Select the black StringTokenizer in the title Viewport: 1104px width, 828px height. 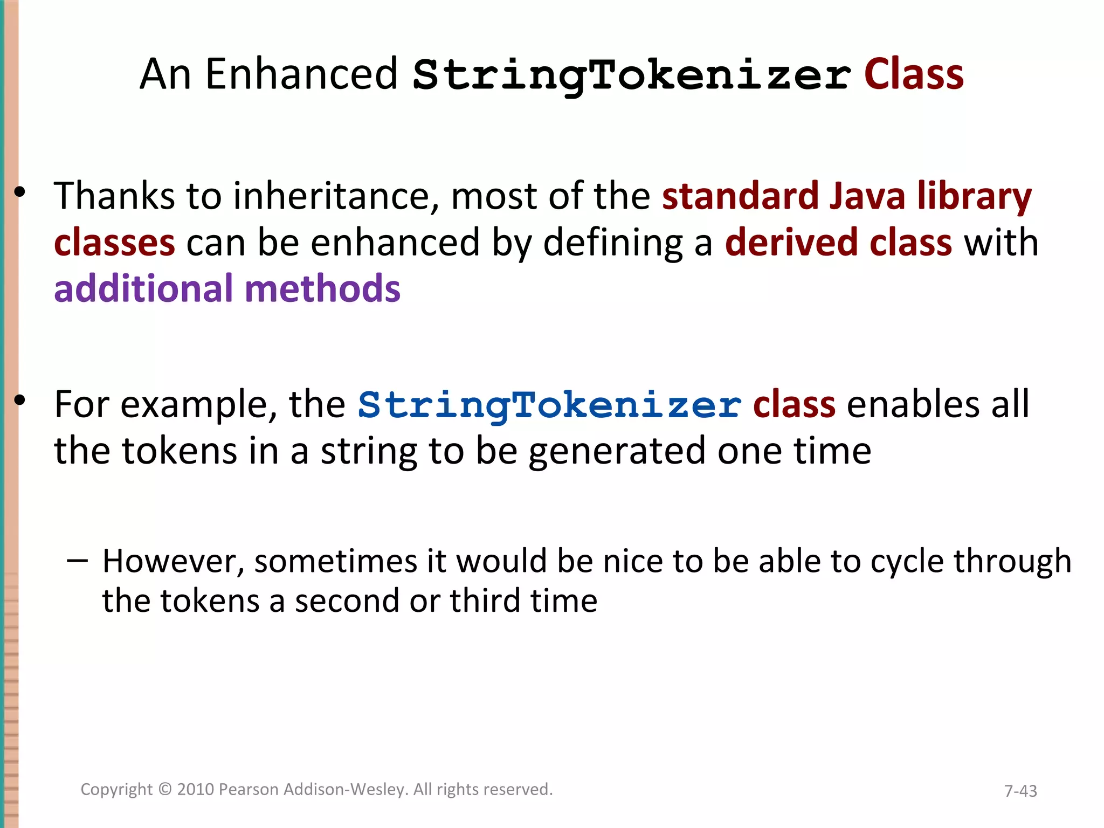click(x=632, y=75)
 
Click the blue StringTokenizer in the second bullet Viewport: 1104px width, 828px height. click(x=549, y=405)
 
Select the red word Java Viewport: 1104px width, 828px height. click(x=867, y=196)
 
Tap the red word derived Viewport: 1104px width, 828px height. click(x=791, y=243)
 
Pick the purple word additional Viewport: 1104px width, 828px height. click(x=143, y=288)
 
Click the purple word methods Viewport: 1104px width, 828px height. click(x=322, y=288)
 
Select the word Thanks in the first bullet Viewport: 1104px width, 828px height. click(x=114, y=196)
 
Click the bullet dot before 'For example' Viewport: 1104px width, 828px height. click(x=20, y=401)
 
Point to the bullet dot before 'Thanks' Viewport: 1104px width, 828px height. click(x=20, y=192)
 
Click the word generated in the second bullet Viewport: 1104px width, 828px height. click(x=617, y=452)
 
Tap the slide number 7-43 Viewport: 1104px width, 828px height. click(x=1020, y=791)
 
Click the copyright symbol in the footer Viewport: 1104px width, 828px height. click(x=165, y=789)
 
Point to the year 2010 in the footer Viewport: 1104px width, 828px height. click(x=196, y=789)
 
